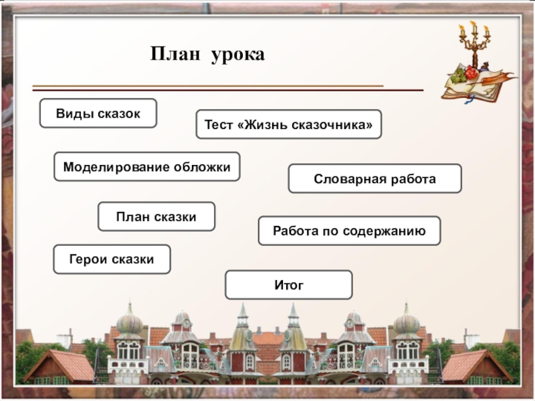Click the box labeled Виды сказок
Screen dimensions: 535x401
[x=98, y=114]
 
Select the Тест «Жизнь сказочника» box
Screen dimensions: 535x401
[x=288, y=125]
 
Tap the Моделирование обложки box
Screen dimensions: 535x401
[x=146, y=166]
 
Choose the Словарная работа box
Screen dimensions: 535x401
[x=374, y=179]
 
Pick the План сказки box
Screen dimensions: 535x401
[x=156, y=217]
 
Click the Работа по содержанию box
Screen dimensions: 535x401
[x=349, y=231]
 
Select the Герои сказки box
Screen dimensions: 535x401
[x=112, y=259]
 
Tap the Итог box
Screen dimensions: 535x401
[x=288, y=285]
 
